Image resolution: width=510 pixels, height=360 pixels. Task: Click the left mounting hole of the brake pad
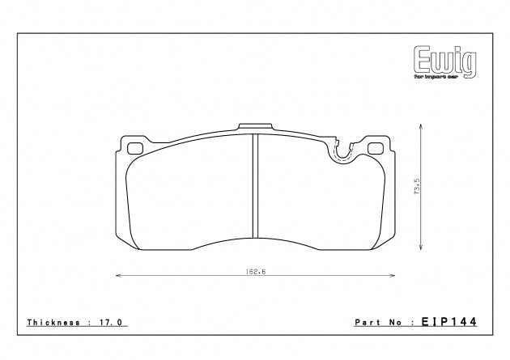coord(135,148)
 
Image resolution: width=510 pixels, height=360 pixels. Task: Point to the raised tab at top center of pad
coord(255,128)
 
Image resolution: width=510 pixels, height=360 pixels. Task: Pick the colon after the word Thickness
coord(89,321)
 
